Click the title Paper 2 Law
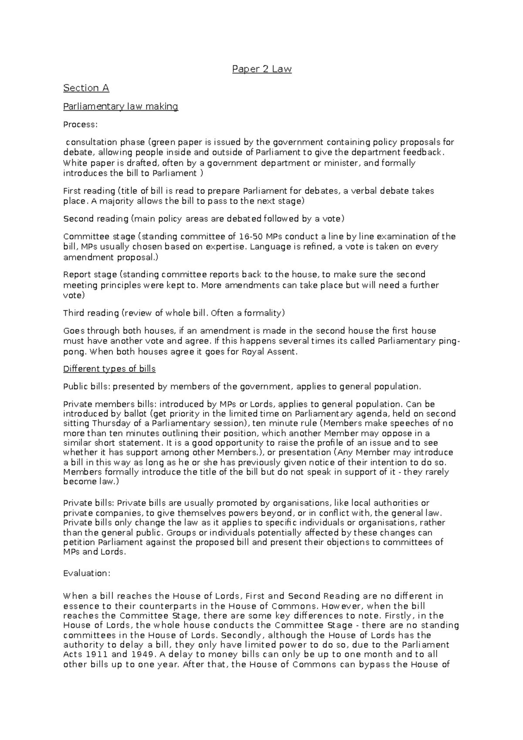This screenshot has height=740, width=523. pos(261,69)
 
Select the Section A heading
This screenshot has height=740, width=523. pos(86,88)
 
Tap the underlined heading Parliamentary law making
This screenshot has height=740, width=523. pos(121,106)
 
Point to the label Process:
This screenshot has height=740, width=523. pos(81,125)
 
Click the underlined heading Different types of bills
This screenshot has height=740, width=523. pos(109,369)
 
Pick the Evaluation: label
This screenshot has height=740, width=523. pos(87,573)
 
